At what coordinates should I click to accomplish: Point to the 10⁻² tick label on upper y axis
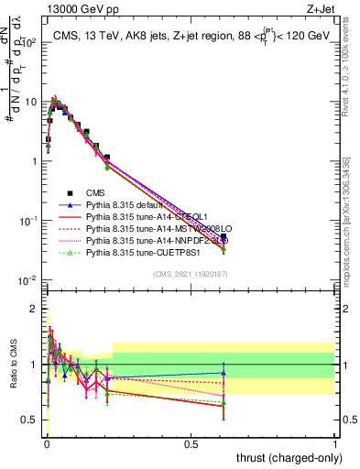coord(27,280)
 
